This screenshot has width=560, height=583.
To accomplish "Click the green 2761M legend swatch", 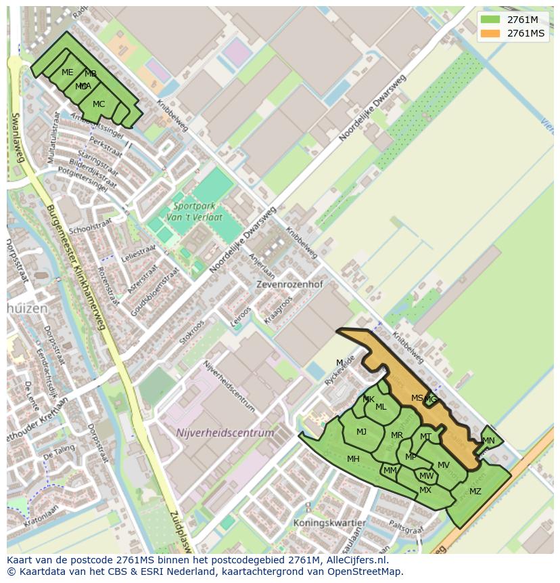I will [x=490, y=19].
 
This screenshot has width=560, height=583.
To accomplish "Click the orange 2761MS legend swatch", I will [x=490, y=33].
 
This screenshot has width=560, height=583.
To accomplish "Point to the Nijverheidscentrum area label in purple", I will [x=225, y=433].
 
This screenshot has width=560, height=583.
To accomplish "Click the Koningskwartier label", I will [x=329, y=523].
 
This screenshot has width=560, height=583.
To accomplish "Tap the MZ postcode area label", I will [x=475, y=492].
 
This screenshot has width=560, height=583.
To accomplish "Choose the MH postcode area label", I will [x=353, y=459].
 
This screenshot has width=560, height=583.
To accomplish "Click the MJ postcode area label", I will [x=361, y=432].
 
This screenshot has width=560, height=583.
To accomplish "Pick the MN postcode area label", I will [x=488, y=441].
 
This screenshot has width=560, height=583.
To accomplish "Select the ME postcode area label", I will [x=67, y=72].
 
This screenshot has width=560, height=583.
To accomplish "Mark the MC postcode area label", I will [x=99, y=104].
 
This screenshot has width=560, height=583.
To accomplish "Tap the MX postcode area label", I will [x=425, y=490].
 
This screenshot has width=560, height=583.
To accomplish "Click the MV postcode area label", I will [x=443, y=465].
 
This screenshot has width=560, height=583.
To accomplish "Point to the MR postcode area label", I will [x=396, y=435].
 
